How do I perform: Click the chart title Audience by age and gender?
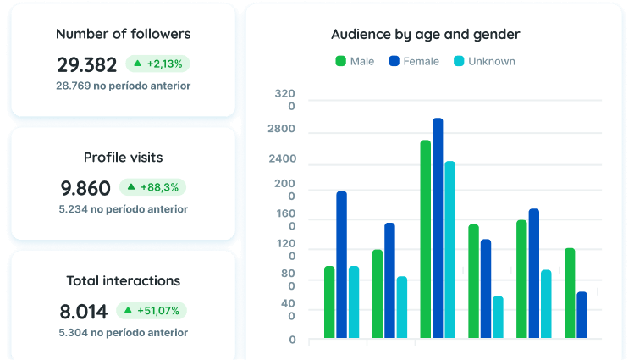[426, 35]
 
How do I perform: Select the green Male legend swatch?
[341, 61]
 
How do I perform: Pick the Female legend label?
[421, 61]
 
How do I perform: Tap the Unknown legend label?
[492, 61]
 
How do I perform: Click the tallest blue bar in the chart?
[438, 228]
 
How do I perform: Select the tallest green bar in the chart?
[426, 239]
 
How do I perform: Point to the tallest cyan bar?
[450, 250]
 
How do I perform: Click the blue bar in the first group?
[342, 264]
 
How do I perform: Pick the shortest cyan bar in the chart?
[498, 317]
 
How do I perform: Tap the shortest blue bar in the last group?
[582, 315]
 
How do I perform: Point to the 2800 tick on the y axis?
[281, 129]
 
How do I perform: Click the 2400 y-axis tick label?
[283, 158]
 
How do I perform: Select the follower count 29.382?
[87, 64]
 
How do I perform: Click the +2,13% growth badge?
[157, 64]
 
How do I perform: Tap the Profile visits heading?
[124, 158]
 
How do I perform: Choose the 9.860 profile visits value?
[85, 188]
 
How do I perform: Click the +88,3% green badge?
[153, 187]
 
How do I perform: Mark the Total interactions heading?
[124, 280]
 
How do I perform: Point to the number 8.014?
[84, 312]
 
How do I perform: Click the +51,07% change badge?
[152, 311]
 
